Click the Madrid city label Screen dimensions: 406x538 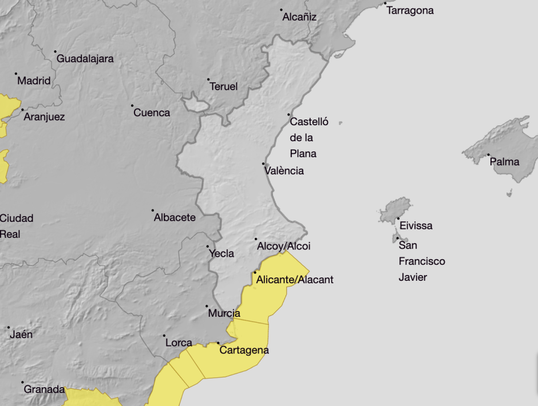(34, 81)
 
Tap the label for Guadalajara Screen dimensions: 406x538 (85, 59)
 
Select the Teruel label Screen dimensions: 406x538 (223, 87)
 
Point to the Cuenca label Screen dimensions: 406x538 (152, 113)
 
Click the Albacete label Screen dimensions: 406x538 (175, 218)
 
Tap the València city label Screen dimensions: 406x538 (284, 171)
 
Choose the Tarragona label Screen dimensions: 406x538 (410, 11)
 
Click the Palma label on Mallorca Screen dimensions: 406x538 (505, 162)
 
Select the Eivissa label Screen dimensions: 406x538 (416, 226)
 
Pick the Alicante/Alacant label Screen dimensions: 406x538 (295, 280)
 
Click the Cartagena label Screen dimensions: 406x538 (244, 351)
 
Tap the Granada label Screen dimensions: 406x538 (44, 389)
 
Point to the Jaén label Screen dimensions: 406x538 (21, 335)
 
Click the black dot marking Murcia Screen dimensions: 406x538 (207, 307)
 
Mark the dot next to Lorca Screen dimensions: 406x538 (164, 336)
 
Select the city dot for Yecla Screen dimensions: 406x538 (208, 246)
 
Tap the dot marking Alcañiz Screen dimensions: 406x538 (282, 10)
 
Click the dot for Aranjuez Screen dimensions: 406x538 (22, 110)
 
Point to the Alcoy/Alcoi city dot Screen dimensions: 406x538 (256, 240)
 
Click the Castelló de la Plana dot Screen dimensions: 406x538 (289, 114)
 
